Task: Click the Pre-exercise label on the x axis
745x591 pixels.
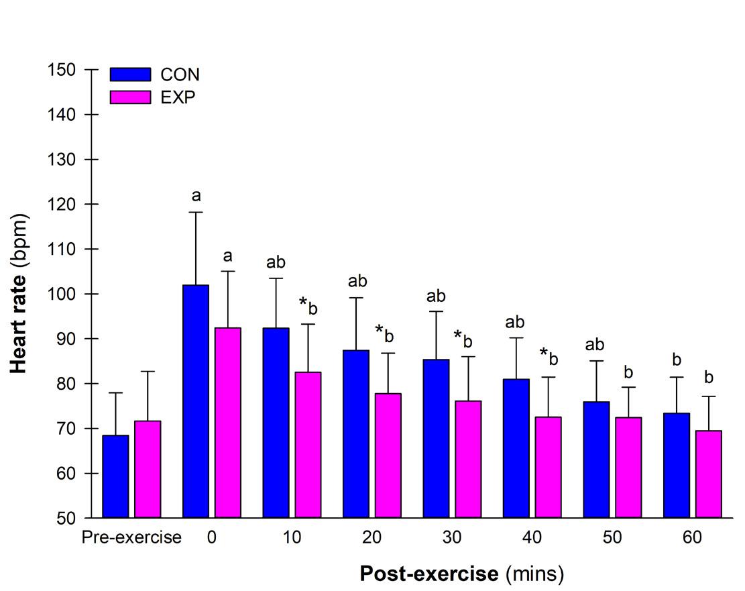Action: pos(131,538)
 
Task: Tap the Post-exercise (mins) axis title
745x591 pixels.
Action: pos(462,574)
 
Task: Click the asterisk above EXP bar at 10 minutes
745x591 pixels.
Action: pos(303,303)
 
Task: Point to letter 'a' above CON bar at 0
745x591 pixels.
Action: pos(196,196)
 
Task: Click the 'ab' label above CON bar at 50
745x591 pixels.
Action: pos(595,345)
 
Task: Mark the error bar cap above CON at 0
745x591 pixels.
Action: pos(196,212)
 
